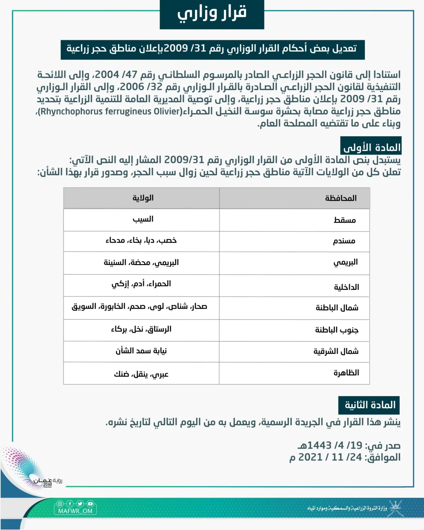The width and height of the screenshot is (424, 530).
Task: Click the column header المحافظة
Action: [x=341, y=198]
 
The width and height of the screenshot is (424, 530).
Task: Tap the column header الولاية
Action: [x=143, y=198]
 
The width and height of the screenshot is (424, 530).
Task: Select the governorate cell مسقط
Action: [x=344, y=220]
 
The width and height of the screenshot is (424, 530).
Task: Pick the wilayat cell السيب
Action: [x=143, y=219]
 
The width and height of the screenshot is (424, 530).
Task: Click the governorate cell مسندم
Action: [x=344, y=241]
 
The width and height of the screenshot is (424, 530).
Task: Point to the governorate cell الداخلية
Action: [x=346, y=287]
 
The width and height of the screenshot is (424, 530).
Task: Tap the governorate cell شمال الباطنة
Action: [x=337, y=307]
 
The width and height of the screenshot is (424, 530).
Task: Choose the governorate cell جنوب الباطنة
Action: [x=336, y=330]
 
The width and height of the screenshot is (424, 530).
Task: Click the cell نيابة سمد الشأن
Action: [x=141, y=351]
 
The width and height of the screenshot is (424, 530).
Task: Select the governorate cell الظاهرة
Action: [x=346, y=373]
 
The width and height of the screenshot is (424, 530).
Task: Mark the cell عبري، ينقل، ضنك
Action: [x=141, y=374]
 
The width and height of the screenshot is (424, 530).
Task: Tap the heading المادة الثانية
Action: [x=370, y=405]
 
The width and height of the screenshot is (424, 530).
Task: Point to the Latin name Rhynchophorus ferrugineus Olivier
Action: [x=110, y=111]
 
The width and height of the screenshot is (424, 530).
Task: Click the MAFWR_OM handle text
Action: [x=75, y=511]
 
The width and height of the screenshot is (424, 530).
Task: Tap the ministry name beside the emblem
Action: [x=347, y=508]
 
